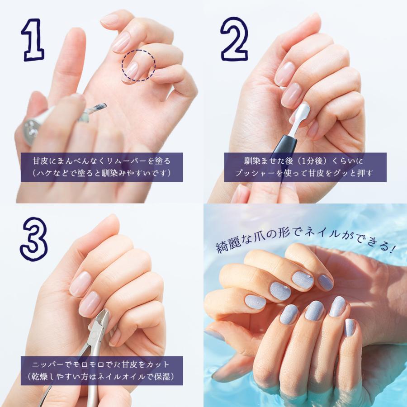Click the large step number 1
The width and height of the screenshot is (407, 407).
point(33,40)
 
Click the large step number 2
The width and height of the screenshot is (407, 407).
point(234,39)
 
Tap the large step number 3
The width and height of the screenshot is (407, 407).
point(34,239)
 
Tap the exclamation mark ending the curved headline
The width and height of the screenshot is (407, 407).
point(393,248)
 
